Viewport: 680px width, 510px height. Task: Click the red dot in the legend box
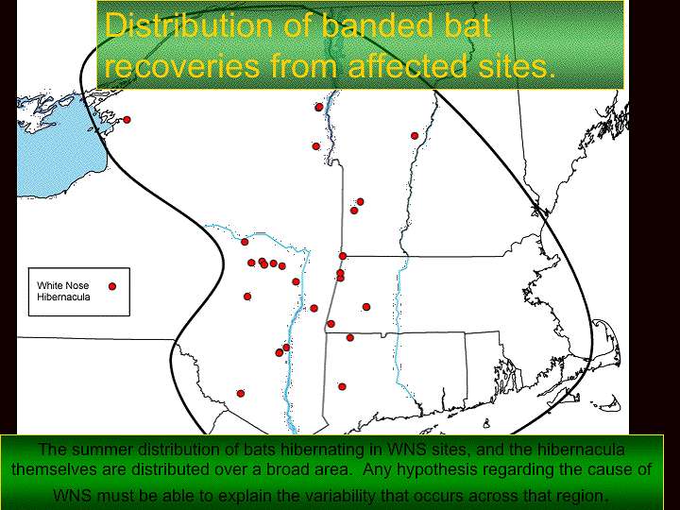click(x=112, y=286)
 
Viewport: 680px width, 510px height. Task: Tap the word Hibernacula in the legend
click(x=63, y=297)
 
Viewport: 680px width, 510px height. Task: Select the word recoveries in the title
click(x=182, y=65)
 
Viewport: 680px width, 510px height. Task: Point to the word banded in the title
click(x=377, y=25)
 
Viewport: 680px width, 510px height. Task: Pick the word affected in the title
click(x=408, y=65)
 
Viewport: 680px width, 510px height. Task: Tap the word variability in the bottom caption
click(x=343, y=495)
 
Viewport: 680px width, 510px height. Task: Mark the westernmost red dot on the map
click(x=127, y=120)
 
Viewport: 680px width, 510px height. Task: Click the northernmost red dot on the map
click(x=319, y=107)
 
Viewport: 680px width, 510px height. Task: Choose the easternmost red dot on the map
click(x=415, y=136)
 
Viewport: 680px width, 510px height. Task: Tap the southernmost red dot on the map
click(x=241, y=393)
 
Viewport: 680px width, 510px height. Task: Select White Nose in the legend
click(x=62, y=285)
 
